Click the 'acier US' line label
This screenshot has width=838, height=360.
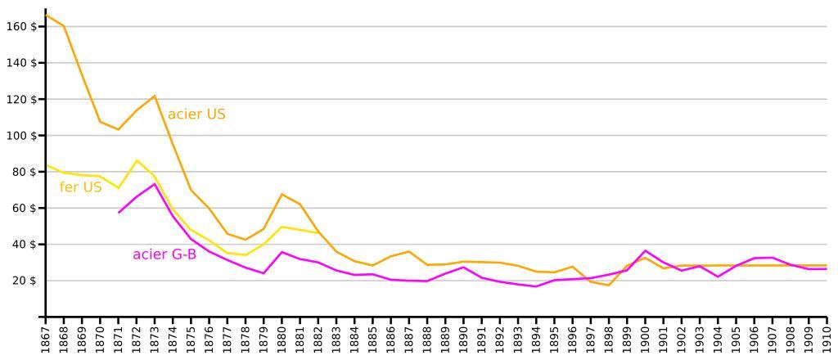pyautogui.click(x=196, y=115)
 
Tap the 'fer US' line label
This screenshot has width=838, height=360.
pyautogui.click(x=80, y=187)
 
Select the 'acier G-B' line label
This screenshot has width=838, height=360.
pyautogui.click(x=164, y=254)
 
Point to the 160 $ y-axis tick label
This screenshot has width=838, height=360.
pyautogui.click(x=22, y=27)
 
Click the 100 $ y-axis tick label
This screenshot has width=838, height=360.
pyautogui.click(x=22, y=136)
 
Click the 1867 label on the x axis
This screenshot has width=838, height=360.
pyautogui.click(x=46, y=338)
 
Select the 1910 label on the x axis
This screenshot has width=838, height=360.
pyautogui.click(x=827, y=338)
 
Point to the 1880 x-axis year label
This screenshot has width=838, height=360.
pyautogui.click(x=282, y=338)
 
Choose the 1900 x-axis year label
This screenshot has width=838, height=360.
pyautogui.click(x=646, y=338)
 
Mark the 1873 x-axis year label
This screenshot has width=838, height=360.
pyautogui.click(x=155, y=338)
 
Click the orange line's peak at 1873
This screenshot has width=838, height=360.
pyautogui.click(x=155, y=96)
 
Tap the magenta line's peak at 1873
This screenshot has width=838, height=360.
pyautogui.click(x=155, y=183)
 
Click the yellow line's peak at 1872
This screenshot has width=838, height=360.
pyautogui.click(x=137, y=160)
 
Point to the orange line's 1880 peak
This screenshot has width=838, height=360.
pyautogui.click(x=282, y=194)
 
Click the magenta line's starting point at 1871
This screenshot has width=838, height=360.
pyautogui.click(x=119, y=213)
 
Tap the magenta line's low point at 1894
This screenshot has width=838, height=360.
pyautogui.click(x=536, y=286)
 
